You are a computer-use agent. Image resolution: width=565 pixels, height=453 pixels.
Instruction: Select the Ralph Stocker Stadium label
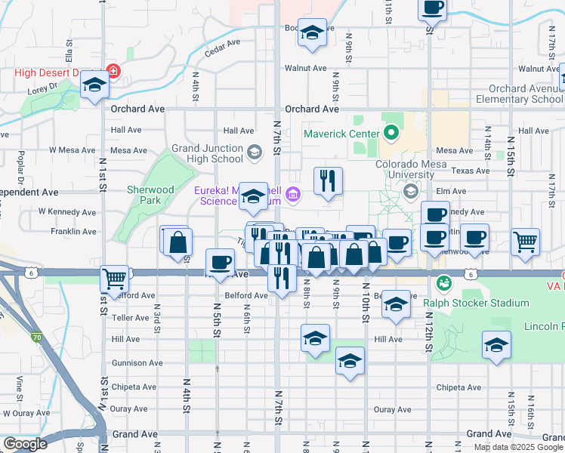475,303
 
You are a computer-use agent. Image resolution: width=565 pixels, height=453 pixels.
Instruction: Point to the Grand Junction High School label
207,153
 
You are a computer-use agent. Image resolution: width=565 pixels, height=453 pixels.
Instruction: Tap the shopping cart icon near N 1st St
114,279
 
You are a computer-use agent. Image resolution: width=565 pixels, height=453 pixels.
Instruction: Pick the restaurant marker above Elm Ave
328,181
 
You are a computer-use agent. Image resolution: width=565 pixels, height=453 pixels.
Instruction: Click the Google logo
25,443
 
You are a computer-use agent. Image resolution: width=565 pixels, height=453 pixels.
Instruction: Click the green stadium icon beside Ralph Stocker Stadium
443,283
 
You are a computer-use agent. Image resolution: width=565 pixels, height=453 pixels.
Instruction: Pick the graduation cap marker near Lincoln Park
496,345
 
